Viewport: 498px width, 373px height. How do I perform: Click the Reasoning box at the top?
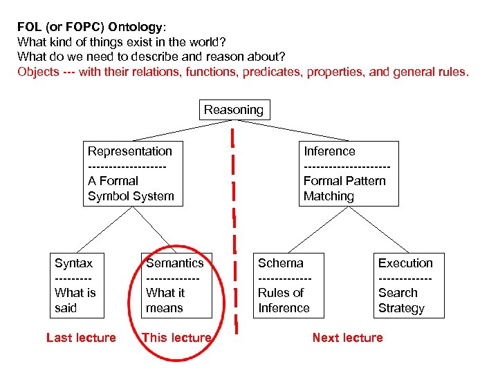234,110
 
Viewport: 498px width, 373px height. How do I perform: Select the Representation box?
131,173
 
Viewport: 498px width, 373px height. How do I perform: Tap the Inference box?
350,173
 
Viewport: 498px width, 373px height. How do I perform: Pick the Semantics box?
175,285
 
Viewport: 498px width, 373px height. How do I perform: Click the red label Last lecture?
81,338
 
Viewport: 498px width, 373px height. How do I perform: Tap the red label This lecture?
176,338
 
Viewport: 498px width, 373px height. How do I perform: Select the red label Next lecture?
347,338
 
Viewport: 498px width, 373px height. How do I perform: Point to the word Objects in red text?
39,72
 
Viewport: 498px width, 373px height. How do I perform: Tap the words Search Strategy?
401,300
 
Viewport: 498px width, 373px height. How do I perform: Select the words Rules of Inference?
284,300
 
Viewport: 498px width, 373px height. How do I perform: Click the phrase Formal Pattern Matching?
344,189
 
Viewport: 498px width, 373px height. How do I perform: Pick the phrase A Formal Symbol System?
131,189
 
